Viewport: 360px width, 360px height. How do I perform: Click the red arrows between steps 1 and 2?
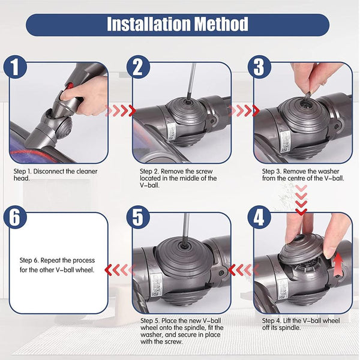pyautogui.click(x=120, y=111)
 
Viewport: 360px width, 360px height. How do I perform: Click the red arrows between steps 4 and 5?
pyautogui.click(x=241, y=269)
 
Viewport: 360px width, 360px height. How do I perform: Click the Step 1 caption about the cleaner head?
pyautogui.click(x=55, y=174)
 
